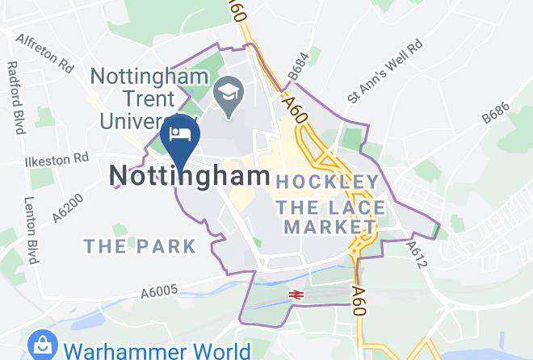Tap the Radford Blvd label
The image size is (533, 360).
pyautogui.click(x=15, y=98)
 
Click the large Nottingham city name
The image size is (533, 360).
pyautogui.click(x=189, y=176)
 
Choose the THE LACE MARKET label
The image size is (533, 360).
pyautogui.click(x=326, y=218)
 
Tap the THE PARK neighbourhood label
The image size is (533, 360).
pyautogui.click(x=140, y=245)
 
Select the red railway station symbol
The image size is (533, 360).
pyautogui.click(x=296, y=295)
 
